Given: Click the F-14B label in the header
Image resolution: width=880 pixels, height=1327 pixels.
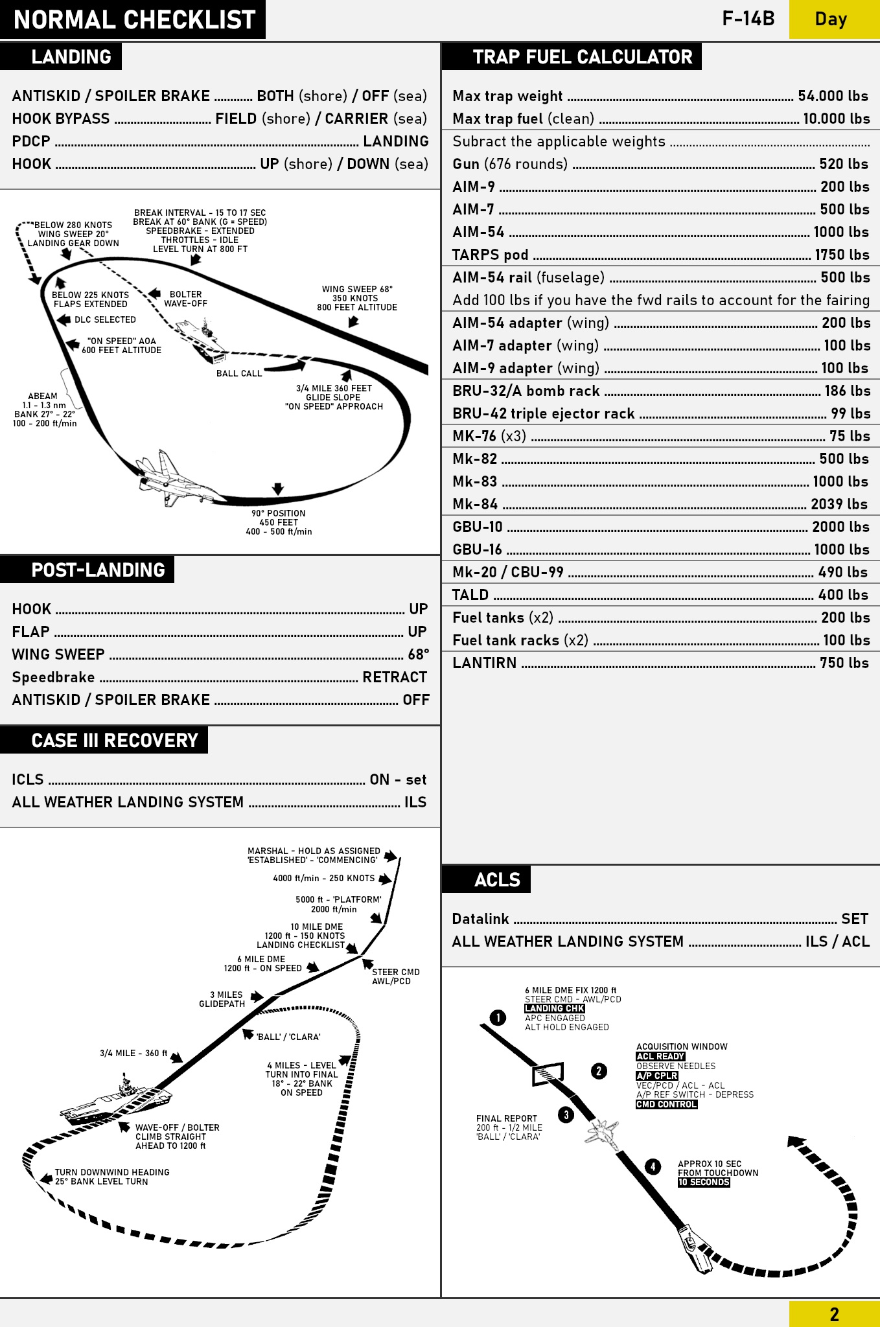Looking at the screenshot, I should point(748,19).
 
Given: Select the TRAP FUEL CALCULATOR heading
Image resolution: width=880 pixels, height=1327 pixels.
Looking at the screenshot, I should point(583,57).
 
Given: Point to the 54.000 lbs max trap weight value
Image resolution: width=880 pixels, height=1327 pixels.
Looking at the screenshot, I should point(833,96).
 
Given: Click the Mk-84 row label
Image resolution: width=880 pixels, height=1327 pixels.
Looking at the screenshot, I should point(475,504).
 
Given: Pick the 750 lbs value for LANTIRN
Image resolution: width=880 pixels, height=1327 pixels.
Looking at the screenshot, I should point(844,663).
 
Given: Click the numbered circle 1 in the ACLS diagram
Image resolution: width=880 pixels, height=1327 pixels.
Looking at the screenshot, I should point(498,1018).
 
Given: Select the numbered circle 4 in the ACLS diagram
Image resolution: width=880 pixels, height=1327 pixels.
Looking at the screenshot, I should point(653,1167).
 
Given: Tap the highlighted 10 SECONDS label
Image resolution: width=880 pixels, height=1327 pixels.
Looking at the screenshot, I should point(704,1183).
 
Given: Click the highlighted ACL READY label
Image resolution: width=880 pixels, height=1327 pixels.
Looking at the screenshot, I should point(660,1056).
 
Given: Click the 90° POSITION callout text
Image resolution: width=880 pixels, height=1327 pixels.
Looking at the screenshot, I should point(279,513).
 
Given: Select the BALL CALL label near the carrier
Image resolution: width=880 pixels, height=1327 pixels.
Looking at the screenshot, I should point(239,374).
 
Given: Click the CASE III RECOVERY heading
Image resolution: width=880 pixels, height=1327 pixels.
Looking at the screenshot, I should point(115,741).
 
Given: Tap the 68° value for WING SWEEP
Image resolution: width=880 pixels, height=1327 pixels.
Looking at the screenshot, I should point(419,654).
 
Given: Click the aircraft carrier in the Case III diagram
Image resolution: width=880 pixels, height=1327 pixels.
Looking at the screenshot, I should point(117,1102).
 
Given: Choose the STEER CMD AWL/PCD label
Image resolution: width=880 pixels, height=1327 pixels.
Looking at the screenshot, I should point(395,976).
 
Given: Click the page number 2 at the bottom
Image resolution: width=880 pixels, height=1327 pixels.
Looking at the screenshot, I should point(834,1314).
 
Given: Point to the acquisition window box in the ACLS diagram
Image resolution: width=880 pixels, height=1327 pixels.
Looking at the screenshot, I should point(548,1074).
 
